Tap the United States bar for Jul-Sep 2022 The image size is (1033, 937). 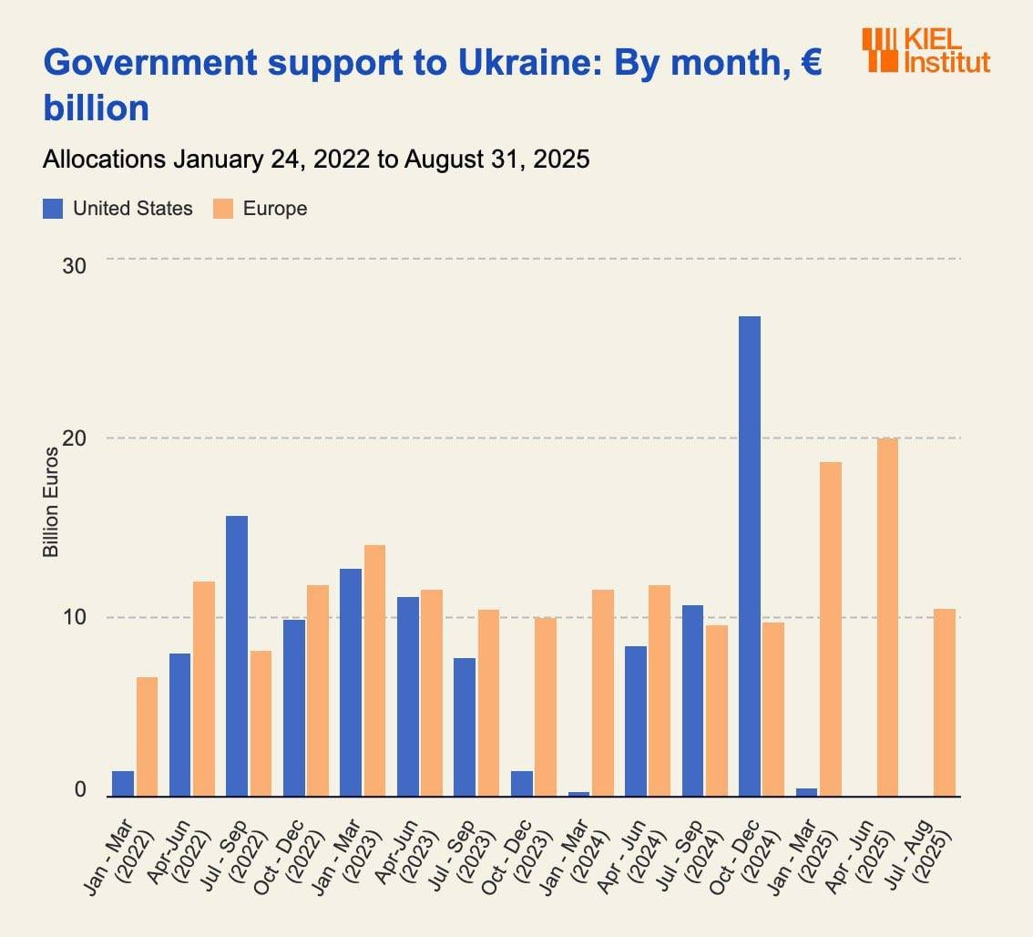coord(237,656)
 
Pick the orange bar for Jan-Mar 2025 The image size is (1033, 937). coord(830,629)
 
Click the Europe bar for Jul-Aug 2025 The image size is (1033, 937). coord(944,703)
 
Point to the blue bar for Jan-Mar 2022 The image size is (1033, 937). coord(123,784)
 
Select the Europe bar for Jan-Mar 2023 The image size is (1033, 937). coord(374,671)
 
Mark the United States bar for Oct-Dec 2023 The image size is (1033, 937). coord(522,784)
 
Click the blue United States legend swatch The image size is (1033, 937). coord(53,209)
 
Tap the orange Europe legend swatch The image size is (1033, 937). coord(223,209)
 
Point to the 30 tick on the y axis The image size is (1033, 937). coord(74,266)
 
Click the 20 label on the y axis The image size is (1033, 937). coord(74,438)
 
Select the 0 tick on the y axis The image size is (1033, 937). coord(80,790)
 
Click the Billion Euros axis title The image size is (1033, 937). coord(51,502)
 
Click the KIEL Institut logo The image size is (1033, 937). coord(925,49)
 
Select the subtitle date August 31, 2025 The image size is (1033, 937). coord(497,160)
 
